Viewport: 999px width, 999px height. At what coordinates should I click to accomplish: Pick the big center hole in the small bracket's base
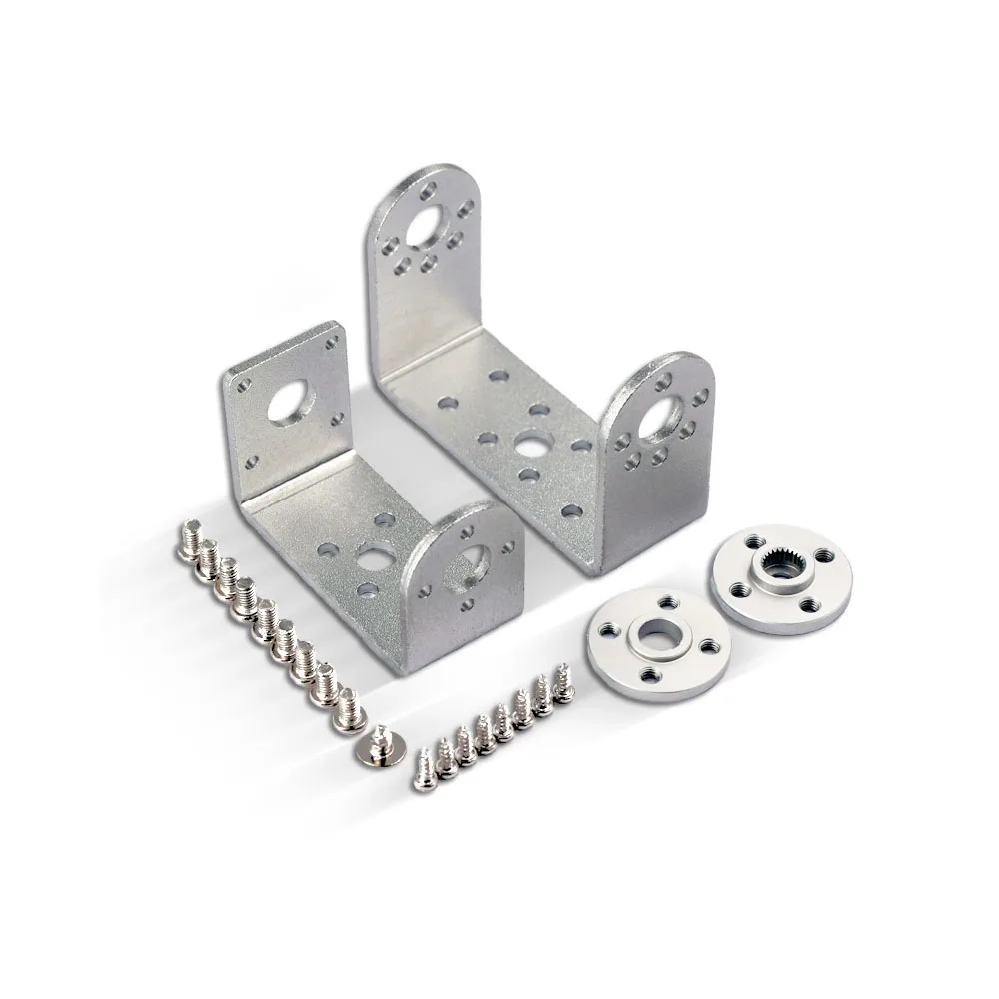coord(378,556)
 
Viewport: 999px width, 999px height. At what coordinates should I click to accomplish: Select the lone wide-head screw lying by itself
coord(381,744)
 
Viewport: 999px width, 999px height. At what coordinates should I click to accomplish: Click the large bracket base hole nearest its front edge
coord(571,510)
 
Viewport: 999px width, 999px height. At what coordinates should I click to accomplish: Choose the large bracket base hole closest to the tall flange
coord(497,378)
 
